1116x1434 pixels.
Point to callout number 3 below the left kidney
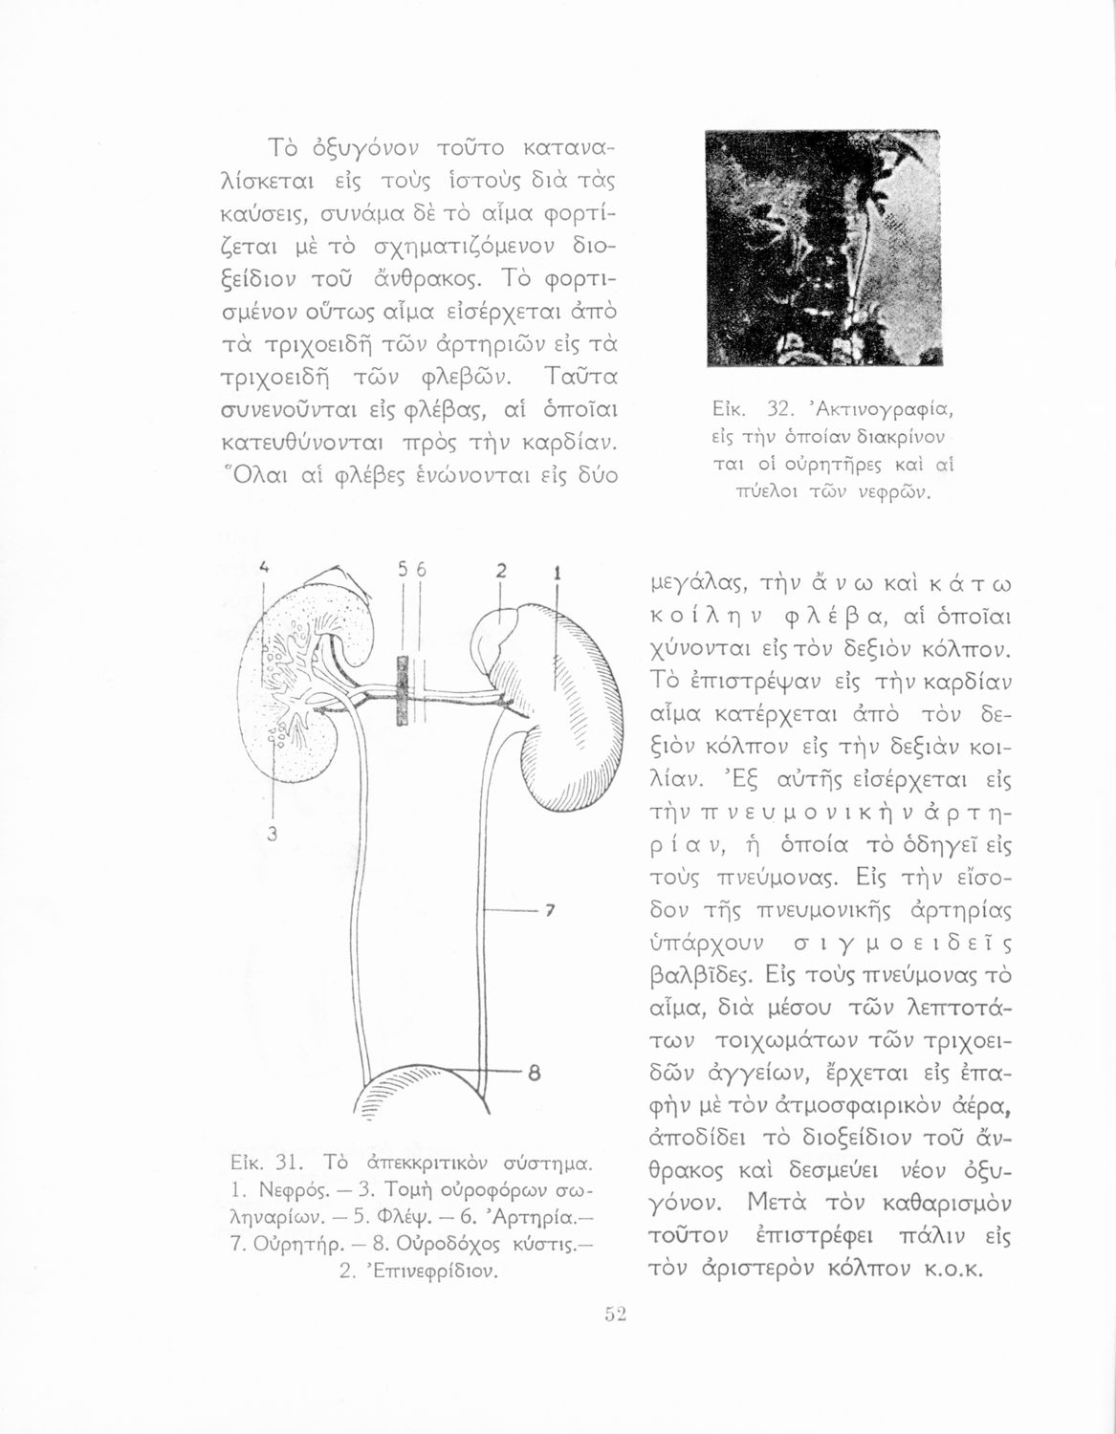[272, 834]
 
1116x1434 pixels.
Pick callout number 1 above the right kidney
[556, 575]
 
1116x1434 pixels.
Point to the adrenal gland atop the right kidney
[504, 635]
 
